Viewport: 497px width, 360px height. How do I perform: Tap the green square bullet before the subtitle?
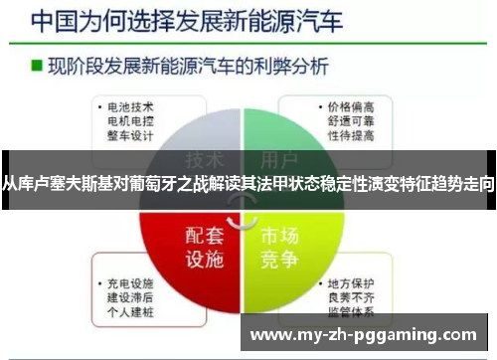[36, 67]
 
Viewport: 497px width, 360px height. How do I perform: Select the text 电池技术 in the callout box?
[130, 105]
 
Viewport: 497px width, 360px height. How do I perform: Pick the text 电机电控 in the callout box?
[130, 119]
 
